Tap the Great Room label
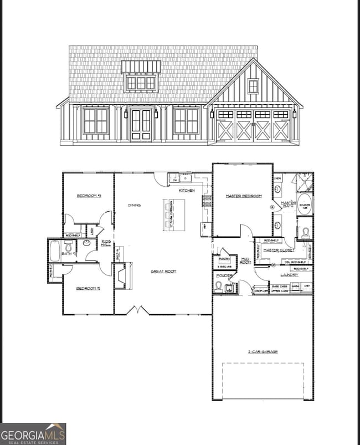163,272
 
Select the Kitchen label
186,191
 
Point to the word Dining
134,205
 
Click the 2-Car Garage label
263,351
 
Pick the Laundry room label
289,274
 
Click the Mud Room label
245,260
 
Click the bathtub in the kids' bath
54,251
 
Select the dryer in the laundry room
306,286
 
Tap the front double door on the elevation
140,125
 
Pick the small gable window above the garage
253,86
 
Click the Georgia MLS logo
33,433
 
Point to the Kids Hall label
106,244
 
